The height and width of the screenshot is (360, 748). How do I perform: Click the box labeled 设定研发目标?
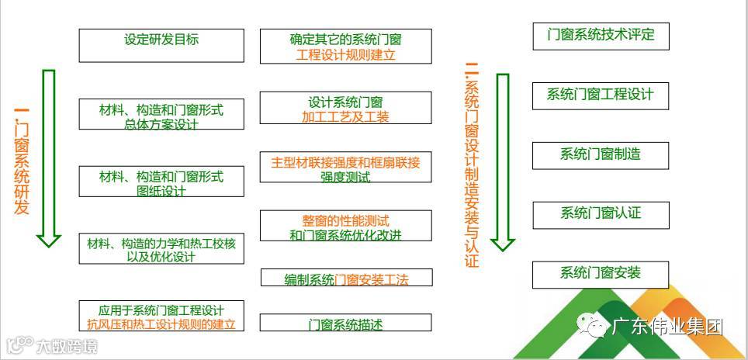(161, 45)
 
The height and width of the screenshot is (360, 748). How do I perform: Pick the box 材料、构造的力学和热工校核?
(161, 249)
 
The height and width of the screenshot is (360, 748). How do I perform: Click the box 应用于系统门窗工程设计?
(161, 316)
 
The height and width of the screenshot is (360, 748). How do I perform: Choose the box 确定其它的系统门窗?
(345, 46)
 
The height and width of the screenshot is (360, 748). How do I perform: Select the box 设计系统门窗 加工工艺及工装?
(345, 108)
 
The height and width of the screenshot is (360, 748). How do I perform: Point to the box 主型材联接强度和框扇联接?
(345, 168)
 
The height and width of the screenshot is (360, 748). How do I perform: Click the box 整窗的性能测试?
(345, 226)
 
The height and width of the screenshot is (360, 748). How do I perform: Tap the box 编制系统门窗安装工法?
(345, 278)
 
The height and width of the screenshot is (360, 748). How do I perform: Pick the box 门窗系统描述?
(345, 323)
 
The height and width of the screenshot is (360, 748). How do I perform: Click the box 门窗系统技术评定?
(601, 36)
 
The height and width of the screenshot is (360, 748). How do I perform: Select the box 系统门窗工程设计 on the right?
(601, 95)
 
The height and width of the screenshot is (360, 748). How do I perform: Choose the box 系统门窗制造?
(601, 154)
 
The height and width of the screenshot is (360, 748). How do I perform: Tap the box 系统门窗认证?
(601, 214)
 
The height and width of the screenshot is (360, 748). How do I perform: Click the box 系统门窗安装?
(601, 274)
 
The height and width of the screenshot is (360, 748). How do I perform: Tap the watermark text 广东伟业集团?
(667, 327)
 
